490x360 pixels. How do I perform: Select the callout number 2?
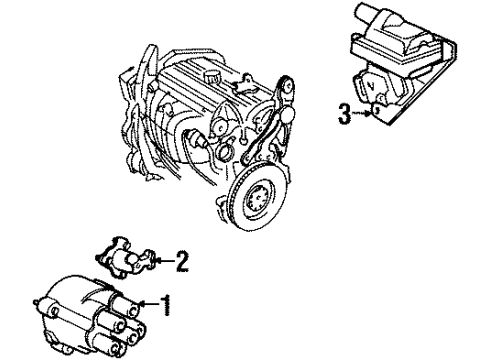[x=181, y=263]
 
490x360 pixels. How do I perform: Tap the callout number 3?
[x=343, y=115]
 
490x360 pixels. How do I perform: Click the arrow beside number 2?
[x=163, y=263]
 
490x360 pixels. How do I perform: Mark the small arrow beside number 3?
[x=361, y=116]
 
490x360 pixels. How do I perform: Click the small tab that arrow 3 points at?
[x=374, y=118]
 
